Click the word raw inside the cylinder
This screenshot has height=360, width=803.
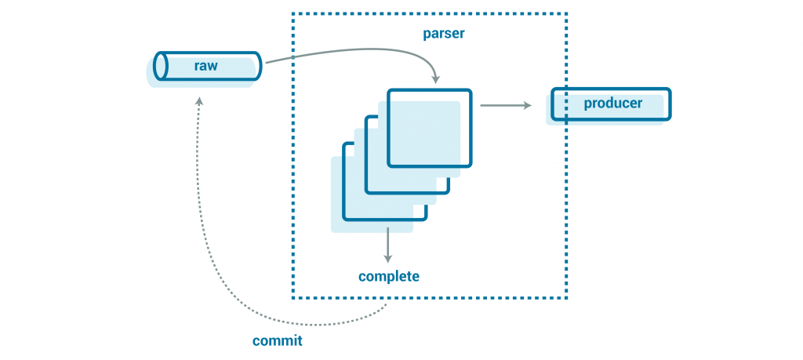click(205, 67)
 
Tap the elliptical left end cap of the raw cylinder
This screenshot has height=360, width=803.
click(162, 66)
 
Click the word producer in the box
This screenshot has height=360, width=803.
click(612, 104)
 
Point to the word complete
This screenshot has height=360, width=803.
click(389, 276)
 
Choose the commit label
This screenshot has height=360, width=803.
click(277, 341)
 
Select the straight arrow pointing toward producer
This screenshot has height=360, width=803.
click(506, 104)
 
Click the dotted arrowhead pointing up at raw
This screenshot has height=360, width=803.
click(199, 102)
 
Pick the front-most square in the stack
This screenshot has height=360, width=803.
click(430, 128)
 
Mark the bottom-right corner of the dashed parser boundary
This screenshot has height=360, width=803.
click(566, 298)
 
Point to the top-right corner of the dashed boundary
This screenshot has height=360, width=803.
click(566, 13)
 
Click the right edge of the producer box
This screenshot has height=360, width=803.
click(670, 104)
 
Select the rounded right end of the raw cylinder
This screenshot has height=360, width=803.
click(259, 66)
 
